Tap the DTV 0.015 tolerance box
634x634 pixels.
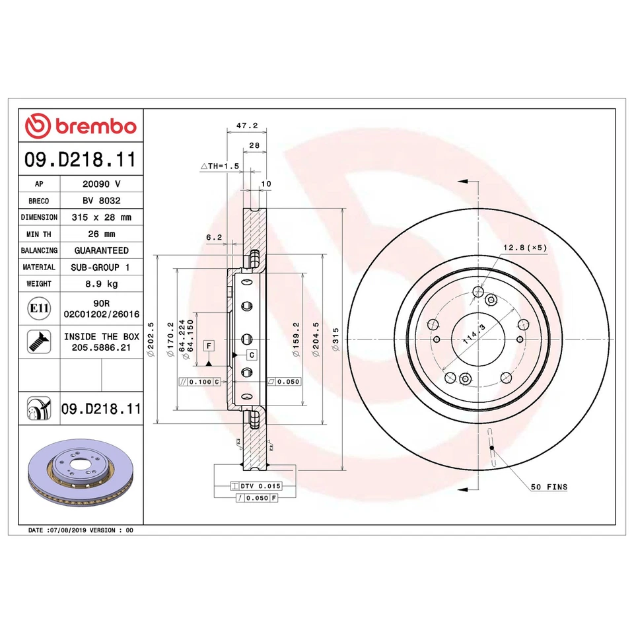click(x=256, y=485)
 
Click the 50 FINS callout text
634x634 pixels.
click(x=548, y=487)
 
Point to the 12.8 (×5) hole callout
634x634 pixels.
click(x=525, y=247)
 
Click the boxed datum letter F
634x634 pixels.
click(x=209, y=346)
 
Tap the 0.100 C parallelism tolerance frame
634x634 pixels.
click(x=199, y=382)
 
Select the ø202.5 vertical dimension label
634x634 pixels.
click(x=151, y=339)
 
